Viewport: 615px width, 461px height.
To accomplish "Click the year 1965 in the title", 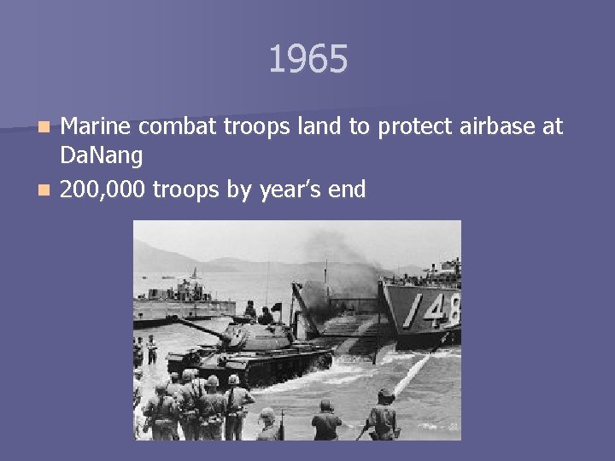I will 307,60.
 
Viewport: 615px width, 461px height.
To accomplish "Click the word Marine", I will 97,127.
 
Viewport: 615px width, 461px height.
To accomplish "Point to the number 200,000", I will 103,190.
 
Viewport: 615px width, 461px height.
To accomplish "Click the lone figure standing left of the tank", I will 152,348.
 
